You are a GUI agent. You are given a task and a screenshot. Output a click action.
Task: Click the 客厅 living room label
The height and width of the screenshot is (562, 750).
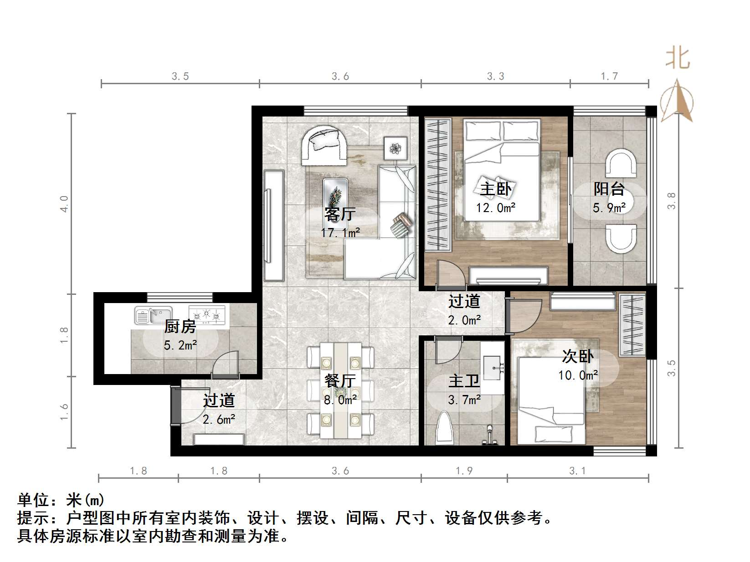point(340,214)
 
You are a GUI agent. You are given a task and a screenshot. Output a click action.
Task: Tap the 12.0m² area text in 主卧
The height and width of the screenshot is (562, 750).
point(496,208)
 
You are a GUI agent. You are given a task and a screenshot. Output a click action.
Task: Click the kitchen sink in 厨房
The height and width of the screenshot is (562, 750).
point(153,314)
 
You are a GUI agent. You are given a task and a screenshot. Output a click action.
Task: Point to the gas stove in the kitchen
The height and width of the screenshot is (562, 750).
point(207,314)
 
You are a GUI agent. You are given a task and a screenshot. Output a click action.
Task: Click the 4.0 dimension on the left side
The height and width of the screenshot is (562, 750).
point(65,203)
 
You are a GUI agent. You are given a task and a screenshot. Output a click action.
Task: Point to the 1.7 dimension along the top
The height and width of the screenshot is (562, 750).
point(609,76)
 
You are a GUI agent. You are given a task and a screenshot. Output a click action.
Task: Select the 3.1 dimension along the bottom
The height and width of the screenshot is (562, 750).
point(577,471)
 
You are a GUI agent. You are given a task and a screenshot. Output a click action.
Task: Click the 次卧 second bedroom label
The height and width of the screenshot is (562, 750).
point(578,356)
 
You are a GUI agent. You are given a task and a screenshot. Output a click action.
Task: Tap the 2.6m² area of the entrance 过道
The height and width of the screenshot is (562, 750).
point(219,419)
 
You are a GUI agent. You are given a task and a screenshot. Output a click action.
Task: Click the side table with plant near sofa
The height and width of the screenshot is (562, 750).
point(396,148)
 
